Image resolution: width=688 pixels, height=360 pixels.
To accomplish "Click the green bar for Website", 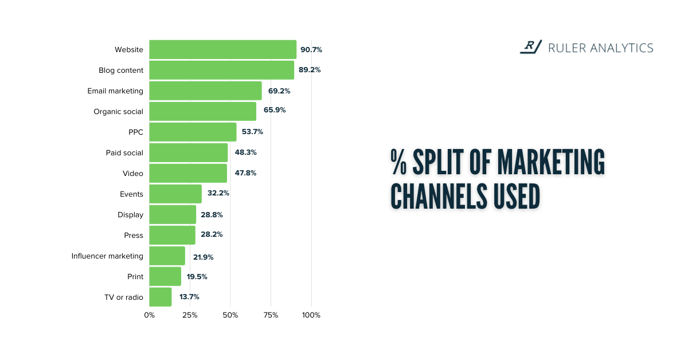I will coord(222,49).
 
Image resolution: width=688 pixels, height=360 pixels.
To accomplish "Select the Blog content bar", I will coord(221,70).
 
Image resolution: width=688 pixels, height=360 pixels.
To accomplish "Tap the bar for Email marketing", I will coord(205,91).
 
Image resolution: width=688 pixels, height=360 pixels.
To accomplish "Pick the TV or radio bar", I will coord(160,297).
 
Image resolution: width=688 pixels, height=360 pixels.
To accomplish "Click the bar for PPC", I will coord(193,132).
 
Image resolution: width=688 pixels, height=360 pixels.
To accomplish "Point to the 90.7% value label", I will coord(311,50).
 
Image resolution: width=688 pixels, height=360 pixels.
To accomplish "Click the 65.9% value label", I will coord(274,109).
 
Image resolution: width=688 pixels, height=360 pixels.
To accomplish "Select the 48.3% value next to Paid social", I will coord(245,153).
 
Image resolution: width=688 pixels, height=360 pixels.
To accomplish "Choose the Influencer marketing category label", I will coord(107,256).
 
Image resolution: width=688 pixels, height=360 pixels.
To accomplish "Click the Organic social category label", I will coord(118,111).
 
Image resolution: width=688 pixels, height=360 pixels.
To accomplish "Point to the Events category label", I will coord(131,194).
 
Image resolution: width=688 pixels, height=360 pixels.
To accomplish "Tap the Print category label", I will coord(135,276).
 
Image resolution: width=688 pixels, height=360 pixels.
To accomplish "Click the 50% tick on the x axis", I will coord(230,315).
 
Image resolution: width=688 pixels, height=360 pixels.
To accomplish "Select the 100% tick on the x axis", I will coord(311,315).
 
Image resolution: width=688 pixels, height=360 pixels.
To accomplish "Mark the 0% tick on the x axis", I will coord(149,315).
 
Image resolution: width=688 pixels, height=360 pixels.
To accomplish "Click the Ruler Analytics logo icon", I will coord(530,47).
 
